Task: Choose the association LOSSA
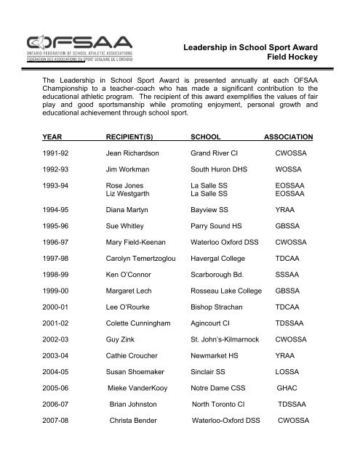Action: (288, 409)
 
